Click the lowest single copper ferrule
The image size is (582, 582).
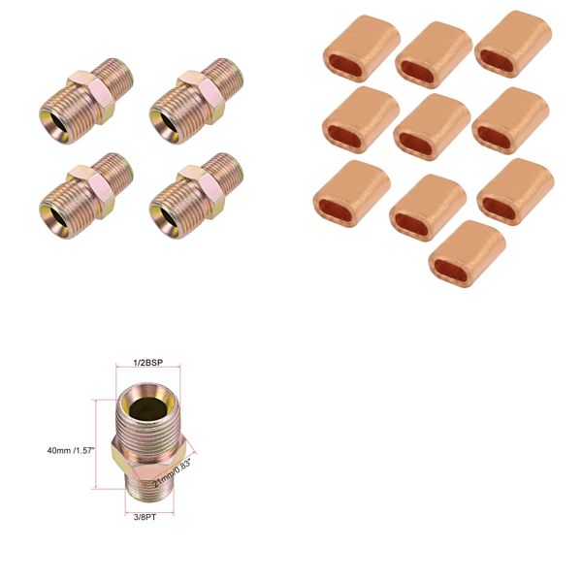[x=466, y=254]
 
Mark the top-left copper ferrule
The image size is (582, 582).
[x=360, y=48]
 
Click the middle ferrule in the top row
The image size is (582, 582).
[x=434, y=54]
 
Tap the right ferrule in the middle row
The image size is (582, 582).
[x=509, y=120]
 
